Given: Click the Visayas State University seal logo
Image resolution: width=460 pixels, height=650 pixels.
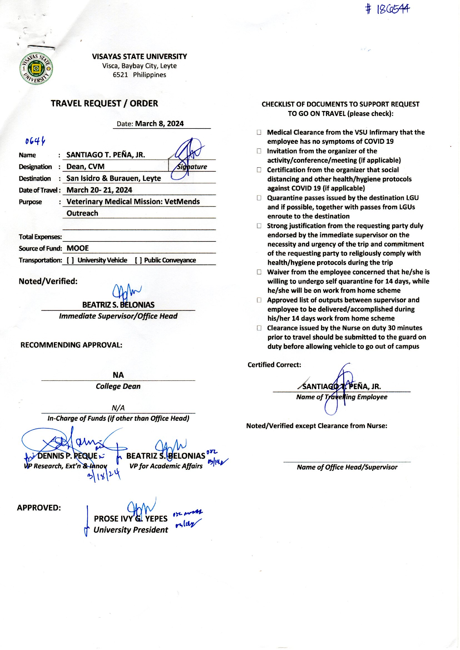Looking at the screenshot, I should point(36,68).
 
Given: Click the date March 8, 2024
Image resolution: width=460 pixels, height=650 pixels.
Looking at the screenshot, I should point(159,124).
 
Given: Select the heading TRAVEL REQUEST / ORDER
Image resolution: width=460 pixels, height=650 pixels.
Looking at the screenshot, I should point(104,103).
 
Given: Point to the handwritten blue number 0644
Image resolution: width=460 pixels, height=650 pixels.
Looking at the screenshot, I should point(35,141).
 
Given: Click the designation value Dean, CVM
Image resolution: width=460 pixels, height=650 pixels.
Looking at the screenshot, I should point(85,167).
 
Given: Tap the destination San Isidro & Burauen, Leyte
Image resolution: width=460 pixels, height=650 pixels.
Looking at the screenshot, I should point(113,178).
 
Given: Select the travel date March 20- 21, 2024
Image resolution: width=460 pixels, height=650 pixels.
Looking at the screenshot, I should point(99,190).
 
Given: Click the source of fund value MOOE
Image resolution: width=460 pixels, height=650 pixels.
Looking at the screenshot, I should point(78,248).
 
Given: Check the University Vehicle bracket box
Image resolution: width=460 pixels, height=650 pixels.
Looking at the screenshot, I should point(70,260).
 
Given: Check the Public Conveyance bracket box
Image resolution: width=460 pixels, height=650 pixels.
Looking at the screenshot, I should point(139,260).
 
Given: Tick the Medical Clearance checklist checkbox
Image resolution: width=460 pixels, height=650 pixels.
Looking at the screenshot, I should point(259,132).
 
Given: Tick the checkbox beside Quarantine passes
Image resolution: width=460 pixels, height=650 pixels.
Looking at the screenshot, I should point(259,198).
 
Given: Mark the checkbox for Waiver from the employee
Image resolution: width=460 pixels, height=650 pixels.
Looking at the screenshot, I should point(259,272).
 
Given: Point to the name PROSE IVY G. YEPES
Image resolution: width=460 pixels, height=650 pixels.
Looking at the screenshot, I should point(131,519).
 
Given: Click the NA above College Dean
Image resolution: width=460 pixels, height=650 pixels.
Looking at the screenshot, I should point(118,375).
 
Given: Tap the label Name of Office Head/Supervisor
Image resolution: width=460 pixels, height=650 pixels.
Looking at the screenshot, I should point(347,467).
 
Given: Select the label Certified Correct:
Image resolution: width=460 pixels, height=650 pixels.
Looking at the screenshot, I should point(274,365).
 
